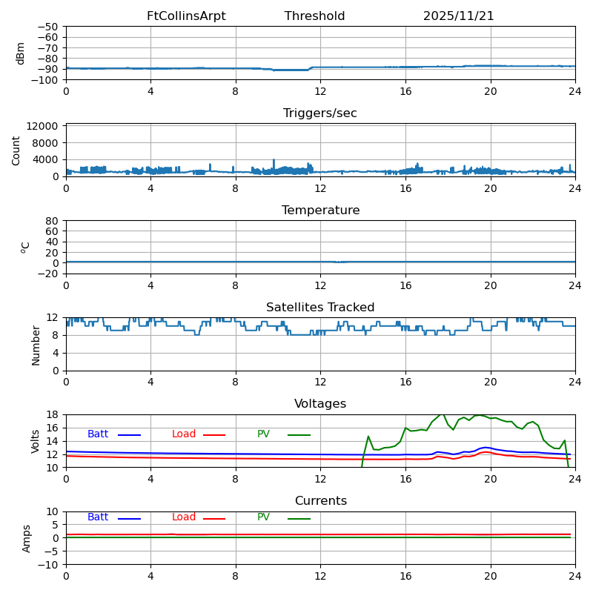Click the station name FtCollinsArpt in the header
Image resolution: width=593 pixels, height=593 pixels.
[x=186, y=16]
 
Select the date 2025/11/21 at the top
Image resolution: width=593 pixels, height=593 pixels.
[x=458, y=16]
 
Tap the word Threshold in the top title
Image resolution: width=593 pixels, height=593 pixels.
[x=314, y=16]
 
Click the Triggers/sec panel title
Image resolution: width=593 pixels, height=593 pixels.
[x=320, y=113]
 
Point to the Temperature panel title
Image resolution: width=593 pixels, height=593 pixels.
[x=320, y=211]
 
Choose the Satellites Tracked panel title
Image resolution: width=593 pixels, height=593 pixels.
[x=320, y=308]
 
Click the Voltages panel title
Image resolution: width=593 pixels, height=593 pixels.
[x=320, y=404]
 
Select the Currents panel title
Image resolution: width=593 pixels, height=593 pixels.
[x=320, y=501]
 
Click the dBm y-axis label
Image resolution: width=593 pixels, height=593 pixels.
[x=21, y=53]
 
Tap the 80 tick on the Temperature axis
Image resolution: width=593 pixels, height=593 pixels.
[x=53, y=221]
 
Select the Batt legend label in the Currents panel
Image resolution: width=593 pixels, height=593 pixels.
[x=98, y=517]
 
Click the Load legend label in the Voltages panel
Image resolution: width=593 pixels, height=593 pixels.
[x=184, y=434]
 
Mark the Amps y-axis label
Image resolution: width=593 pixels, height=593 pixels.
[x=27, y=538]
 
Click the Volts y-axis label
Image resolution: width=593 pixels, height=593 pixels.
[x=36, y=441]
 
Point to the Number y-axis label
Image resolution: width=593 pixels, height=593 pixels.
[x=36, y=345]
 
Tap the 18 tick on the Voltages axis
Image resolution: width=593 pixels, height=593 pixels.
[x=53, y=415]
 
